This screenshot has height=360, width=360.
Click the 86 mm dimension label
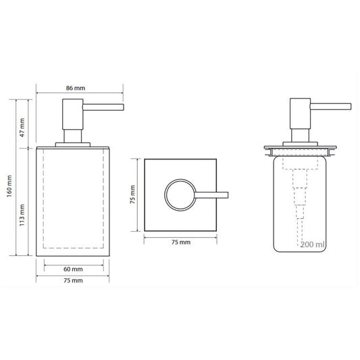76,88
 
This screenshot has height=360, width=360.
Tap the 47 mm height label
22,128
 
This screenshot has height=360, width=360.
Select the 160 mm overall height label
9,186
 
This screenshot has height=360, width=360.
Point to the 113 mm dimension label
22,215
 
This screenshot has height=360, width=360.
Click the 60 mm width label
73,269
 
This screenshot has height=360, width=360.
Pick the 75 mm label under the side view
73,280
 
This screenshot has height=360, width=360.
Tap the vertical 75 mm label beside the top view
132,195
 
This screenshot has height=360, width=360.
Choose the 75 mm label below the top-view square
181,242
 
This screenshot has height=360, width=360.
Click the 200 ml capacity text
313,245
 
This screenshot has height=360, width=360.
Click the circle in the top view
165,195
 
